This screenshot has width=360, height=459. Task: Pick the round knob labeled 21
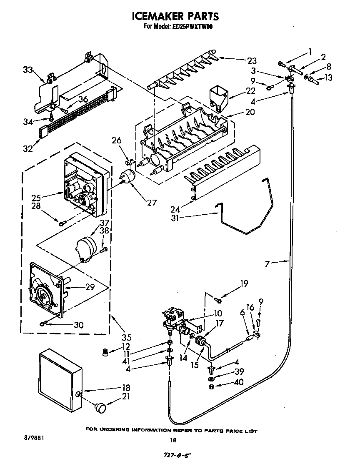tap(101, 407)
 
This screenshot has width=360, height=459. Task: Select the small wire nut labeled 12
tap(106, 353)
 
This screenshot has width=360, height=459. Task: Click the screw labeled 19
tap(218, 299)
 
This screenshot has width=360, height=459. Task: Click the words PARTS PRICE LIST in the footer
tap(232, 430)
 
